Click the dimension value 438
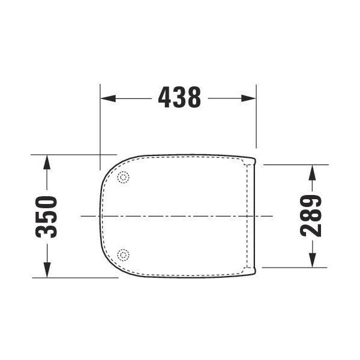(179, 97)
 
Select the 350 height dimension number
(47, 217)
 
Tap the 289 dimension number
(312, 215)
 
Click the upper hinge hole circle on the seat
(124, 177)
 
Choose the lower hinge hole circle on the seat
(124, 255)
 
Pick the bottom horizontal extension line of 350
(72, 278)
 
